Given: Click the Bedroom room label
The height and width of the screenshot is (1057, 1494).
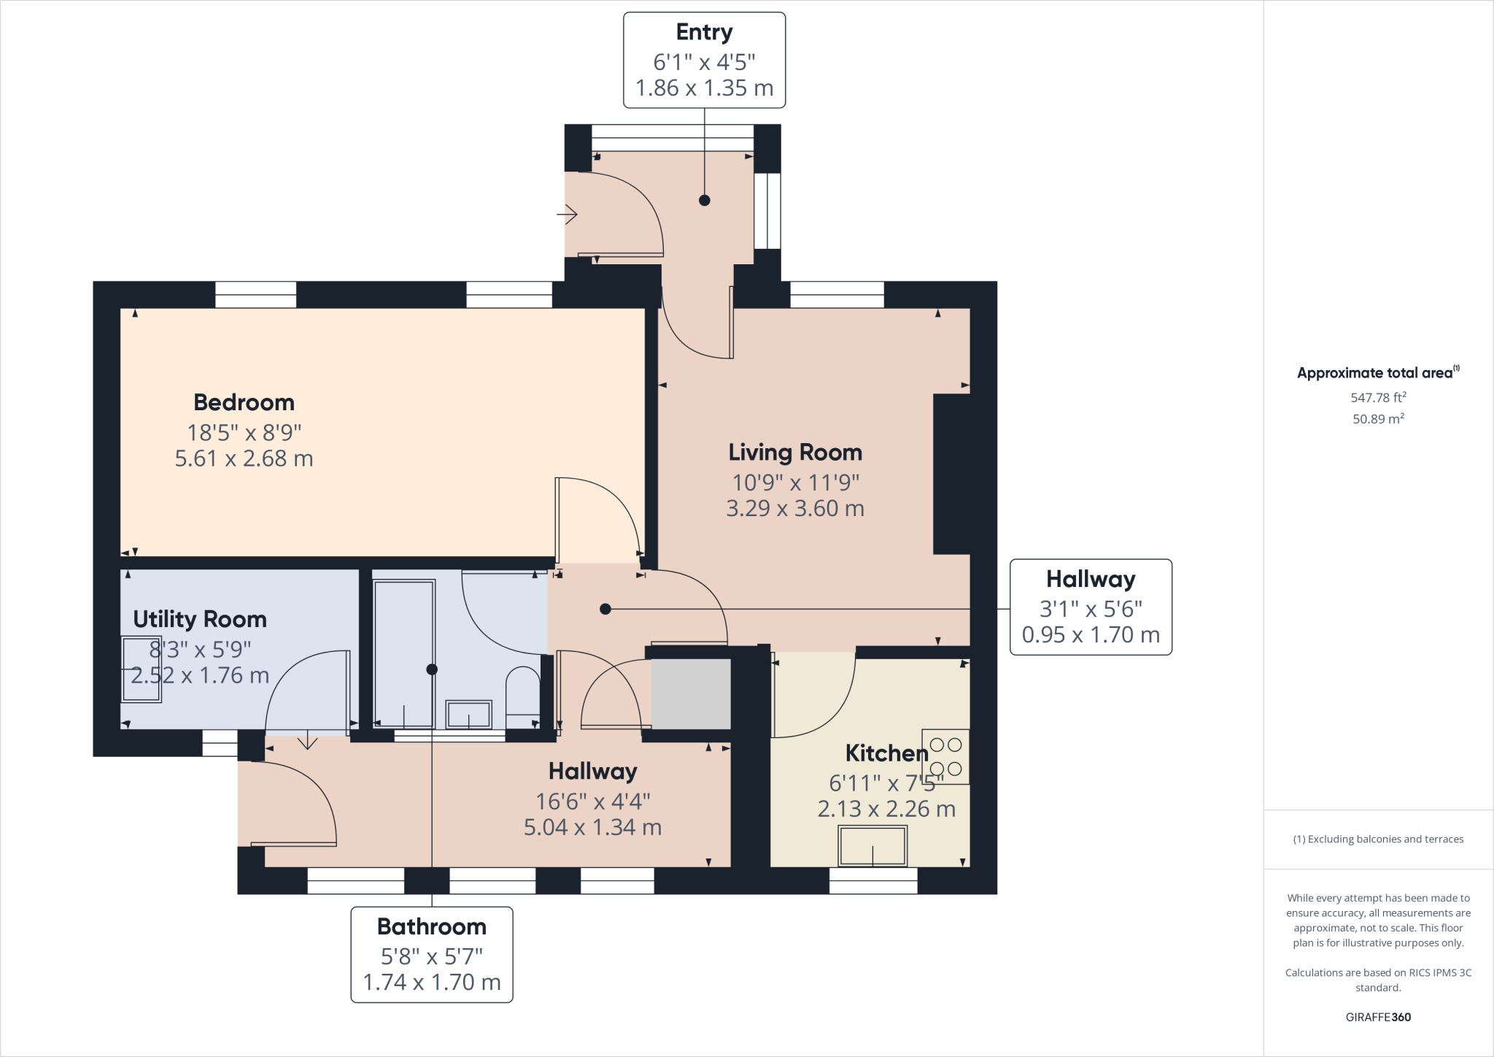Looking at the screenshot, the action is point(244,402).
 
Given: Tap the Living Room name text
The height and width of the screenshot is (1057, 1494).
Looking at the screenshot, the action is point(795,453).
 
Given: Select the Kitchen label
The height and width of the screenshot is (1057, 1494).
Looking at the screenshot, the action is point(886,753).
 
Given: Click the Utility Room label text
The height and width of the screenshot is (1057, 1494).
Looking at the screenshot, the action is point(200,620).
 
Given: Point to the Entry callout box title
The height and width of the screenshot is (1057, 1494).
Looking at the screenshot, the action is point(704,33).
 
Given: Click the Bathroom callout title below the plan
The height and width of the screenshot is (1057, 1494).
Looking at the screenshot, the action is point(432,926).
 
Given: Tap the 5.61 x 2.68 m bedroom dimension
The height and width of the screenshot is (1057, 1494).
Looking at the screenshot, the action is point(244,458).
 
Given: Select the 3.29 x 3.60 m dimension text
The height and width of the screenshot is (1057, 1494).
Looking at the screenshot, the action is point(795,508).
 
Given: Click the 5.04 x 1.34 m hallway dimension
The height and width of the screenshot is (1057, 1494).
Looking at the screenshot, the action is point(592,827).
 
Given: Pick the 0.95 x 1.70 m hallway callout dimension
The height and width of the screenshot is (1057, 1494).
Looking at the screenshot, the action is point(1091,634).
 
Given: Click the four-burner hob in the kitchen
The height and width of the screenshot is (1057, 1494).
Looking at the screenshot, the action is point(945,756).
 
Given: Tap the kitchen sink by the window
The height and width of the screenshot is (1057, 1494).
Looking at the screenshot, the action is point(872,845).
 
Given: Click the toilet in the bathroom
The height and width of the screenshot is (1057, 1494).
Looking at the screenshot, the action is point(523,697).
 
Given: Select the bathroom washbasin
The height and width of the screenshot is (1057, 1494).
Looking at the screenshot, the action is point(468,714).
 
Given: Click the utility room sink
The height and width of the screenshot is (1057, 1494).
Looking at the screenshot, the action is point(141,669).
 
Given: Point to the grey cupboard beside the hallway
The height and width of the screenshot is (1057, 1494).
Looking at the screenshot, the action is point(690,693).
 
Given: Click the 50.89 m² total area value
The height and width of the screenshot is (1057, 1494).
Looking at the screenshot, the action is point(1378,419).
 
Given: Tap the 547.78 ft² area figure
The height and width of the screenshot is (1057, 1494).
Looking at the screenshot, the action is point(1378,398).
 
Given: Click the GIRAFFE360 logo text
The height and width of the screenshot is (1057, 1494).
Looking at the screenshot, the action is point(1378,1017).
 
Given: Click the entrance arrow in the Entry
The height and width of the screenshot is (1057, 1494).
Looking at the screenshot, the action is point(567,215).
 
